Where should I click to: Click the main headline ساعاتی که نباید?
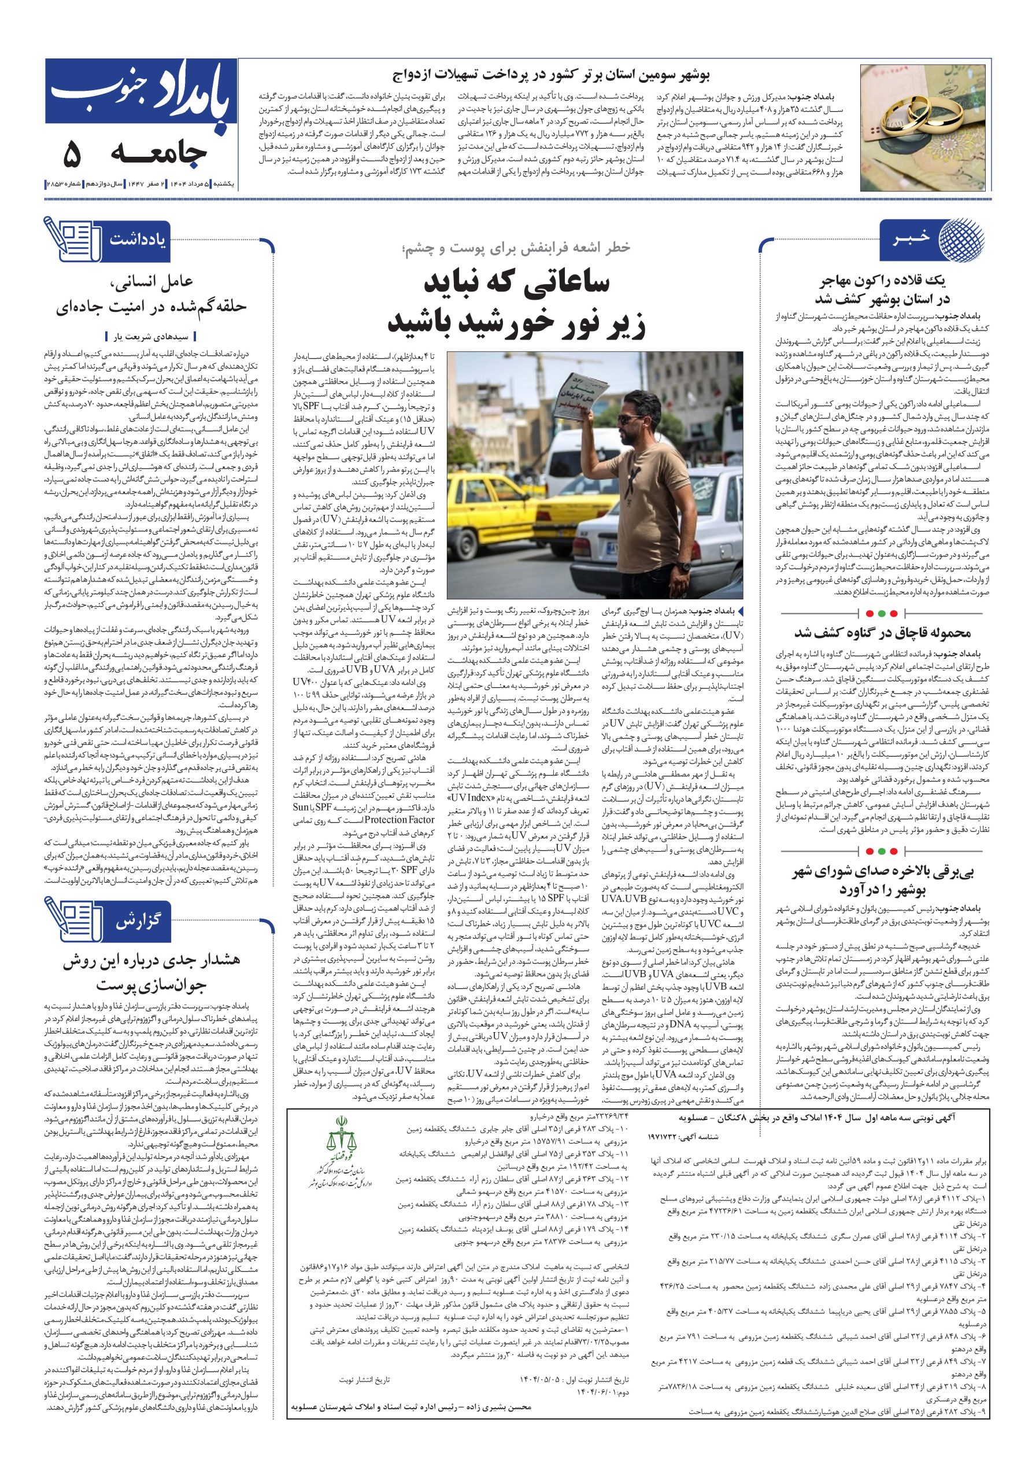[517, 303]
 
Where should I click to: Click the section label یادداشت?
[138, 240]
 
